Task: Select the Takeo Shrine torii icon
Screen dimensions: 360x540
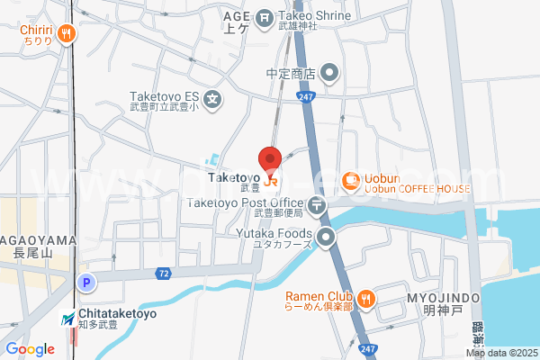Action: pos(265,16)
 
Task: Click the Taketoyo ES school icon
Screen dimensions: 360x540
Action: pos(212,98)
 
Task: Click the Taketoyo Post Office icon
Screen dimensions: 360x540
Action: pos(318,205)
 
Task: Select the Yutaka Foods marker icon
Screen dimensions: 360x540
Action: pos(326,238)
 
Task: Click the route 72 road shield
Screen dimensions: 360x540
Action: pos(163,273)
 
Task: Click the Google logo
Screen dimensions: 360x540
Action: pos(30,348)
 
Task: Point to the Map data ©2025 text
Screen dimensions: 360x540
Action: pos(501,353)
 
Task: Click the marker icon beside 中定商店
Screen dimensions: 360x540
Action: pos(330,73)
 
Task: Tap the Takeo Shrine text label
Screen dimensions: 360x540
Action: pos(311,15)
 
